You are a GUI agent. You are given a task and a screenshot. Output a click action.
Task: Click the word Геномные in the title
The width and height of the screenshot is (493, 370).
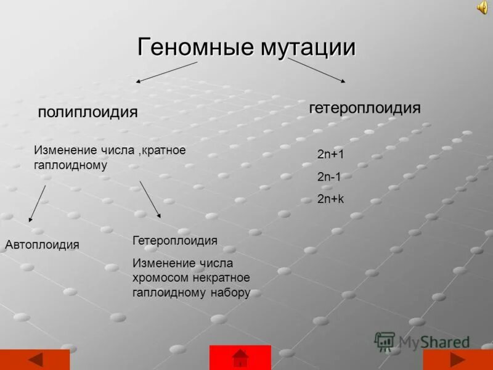[187, 47]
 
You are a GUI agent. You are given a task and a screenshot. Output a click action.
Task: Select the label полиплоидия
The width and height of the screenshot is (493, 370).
[88, 112]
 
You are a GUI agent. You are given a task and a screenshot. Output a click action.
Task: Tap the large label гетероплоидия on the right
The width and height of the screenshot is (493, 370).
[365, 108]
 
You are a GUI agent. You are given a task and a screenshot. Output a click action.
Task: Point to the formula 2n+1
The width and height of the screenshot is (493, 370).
[330, 154]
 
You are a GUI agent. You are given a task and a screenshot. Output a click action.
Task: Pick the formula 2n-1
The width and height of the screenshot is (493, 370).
[329, 176]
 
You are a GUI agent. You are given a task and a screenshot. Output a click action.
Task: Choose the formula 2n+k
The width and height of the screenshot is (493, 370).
[330, 199]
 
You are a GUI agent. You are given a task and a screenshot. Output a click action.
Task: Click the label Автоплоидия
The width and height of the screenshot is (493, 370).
[42, 245]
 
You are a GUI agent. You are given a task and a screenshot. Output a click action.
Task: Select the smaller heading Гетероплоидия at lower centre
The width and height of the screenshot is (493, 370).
[175, 240]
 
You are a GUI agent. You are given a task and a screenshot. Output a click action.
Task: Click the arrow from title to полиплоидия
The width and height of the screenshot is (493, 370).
[166, 72]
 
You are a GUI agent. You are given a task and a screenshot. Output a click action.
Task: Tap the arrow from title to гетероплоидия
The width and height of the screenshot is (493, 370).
[316, 70]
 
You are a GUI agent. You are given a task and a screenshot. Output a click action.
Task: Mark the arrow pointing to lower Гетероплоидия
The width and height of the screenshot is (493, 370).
[150, 199]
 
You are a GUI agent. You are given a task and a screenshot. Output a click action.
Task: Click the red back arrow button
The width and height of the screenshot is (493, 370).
[35, 360]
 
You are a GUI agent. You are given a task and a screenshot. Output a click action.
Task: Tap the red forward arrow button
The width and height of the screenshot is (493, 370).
[457, 360]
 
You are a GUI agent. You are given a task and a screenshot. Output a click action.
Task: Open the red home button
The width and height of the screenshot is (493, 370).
[240, 358]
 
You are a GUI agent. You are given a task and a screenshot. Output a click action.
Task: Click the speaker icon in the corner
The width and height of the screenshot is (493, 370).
[481, 7]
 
